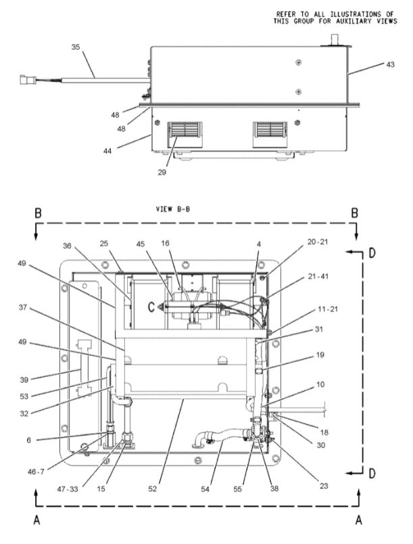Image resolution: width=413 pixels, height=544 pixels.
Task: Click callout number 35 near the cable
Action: point(75,47)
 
